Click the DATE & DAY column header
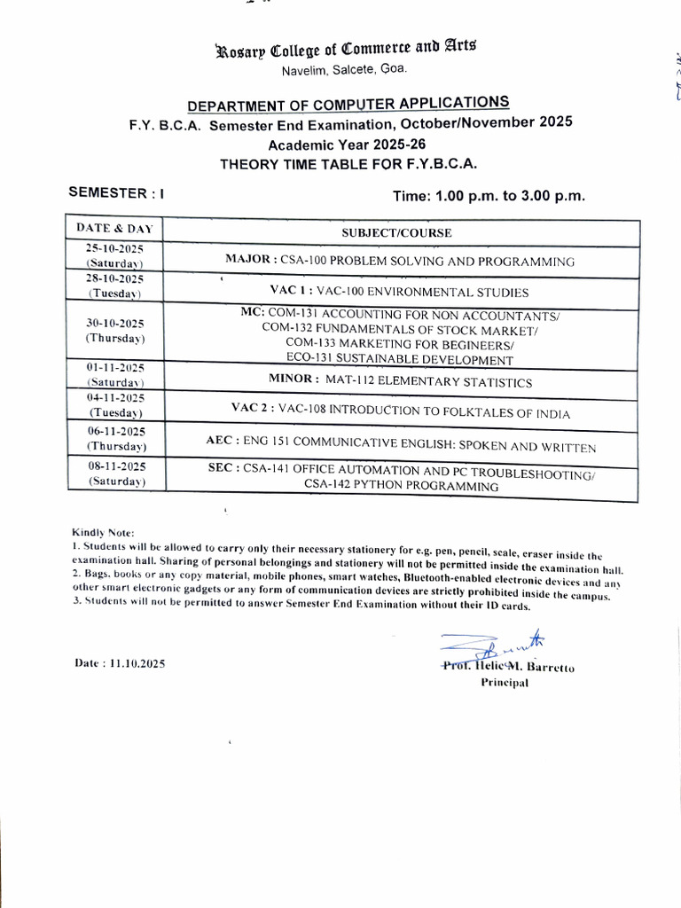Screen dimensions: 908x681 [x=114, y=229]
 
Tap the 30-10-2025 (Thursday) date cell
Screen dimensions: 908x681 [x=114, y=330]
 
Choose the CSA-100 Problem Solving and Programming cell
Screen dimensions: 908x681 [x=400, y=262]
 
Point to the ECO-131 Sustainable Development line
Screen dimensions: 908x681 [x=400, y=360]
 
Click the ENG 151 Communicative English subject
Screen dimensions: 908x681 [x=400, y=448]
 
